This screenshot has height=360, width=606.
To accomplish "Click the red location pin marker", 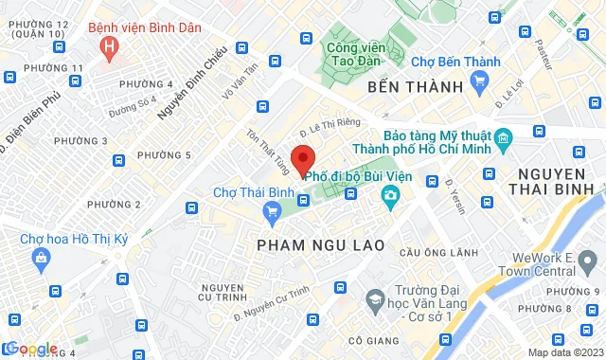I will (303, 159).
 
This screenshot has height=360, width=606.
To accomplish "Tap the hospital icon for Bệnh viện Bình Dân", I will (112, 45).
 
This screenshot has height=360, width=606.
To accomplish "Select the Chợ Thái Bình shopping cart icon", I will (272, 210).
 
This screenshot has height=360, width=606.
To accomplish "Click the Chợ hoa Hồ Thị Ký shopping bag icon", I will (41, 257).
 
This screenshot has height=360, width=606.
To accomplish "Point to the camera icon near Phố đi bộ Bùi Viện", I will (389, 195).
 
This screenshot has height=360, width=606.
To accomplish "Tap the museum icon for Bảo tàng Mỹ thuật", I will (503, 138).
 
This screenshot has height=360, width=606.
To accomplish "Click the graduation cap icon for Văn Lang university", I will (375, 300).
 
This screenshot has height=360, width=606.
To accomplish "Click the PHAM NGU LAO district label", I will (320, 245).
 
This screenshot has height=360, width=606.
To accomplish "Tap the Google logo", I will (31, 349).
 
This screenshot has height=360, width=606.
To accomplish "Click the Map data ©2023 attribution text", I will (563, 353).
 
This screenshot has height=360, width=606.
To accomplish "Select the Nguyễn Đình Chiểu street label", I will (192, 82).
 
